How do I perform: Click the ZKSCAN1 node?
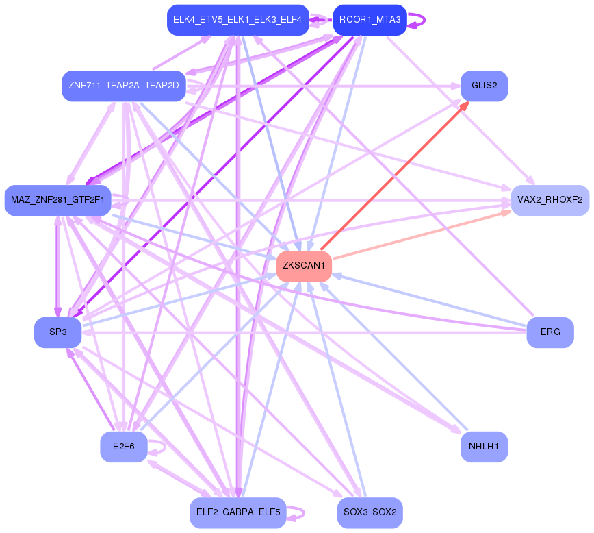pos(304,266)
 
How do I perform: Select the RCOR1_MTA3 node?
pos(370,20)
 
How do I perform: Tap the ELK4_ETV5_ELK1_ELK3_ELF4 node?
pos(237,20)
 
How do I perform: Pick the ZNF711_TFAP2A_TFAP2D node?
pos(123,86)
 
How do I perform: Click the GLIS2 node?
pos(484,86)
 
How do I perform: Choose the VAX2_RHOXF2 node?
pos(550,200)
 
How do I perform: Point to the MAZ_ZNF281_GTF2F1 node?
pos(57,200)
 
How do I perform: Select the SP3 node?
pos(57,332)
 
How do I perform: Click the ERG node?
pos(550,332)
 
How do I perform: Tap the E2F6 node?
pos(123,447)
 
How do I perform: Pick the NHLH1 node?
pos(484,447)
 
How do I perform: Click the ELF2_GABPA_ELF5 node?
pos(237,512)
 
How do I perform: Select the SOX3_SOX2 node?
pos(370,512)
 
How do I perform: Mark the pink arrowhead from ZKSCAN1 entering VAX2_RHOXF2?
pos(506,212)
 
